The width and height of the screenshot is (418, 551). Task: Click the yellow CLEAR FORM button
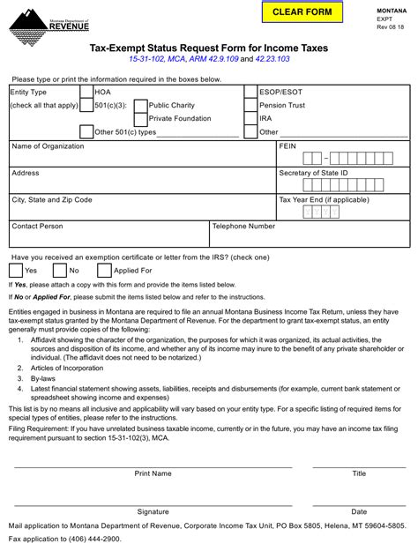302,12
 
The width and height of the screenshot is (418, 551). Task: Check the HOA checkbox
86,92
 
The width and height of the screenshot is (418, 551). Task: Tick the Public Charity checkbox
141,105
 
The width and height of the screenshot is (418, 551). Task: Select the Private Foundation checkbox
141,118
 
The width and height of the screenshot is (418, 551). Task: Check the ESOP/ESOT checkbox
250,92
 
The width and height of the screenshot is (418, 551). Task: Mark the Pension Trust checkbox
250,105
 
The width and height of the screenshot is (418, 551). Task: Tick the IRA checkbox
250,118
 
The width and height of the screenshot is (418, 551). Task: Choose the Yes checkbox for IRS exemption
16,271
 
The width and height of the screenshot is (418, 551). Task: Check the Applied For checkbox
104,271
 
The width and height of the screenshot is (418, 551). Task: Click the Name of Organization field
141,159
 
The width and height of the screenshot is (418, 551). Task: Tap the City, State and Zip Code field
141,210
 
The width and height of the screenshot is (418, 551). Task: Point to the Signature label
153,511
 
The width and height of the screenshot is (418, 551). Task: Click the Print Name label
153,473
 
